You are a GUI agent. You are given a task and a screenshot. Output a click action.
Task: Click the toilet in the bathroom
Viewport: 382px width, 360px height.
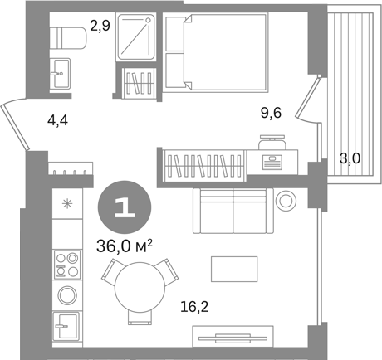pyautogui.click(x=67, y=38)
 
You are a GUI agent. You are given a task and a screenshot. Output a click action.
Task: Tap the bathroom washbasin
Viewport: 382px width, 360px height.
pyautogui.click(x=60, y=73)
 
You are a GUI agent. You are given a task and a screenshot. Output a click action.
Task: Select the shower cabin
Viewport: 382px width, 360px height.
pyautogui.click(x=135, y=36)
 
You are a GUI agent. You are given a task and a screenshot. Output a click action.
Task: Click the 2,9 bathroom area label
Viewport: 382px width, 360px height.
pyautogui.click(x=100, y=26)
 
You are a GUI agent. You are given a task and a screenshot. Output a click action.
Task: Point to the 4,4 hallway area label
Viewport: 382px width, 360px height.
pyautogui.click(x=57, y=120)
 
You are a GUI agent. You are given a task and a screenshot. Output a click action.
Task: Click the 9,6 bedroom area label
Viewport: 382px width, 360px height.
pyautogui.click(x=272, y=113)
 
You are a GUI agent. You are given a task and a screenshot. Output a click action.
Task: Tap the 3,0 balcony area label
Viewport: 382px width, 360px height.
pyautogui.click(x=350, y=158)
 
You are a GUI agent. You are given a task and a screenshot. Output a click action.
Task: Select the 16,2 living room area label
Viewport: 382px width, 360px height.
pyautogui.click(x=194, y=307)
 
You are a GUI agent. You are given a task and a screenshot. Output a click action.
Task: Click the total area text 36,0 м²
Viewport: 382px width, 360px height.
pyautogui.click(x=125, y=246)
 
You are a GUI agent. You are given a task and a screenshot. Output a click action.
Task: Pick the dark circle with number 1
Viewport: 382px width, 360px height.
pyautogui.click(x=125, y=207)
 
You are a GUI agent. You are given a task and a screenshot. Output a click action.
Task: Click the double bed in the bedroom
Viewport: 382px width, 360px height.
pyautogui.click(x=217, y=52)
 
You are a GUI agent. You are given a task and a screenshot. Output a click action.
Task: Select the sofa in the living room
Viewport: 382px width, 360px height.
pyautogui.click(x=233, y=211)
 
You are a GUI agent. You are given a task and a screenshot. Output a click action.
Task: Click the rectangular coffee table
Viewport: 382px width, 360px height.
pyautogui.click(x=234, y=269)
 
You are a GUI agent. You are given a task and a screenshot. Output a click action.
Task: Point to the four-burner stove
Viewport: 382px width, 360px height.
pyautogui.click(x=67, y=265)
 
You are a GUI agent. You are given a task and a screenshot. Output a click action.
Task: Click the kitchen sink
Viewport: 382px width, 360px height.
pyautogui.click(x=66, y=326)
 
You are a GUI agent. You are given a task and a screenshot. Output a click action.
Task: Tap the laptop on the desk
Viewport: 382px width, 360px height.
pyautogui.click(x=272, y=162)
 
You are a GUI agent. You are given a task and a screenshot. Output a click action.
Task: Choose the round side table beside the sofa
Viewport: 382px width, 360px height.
pyautogui.click(x=286, y=201)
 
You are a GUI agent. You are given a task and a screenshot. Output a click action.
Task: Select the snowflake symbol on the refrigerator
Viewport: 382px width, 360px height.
pyautogui.click(x=67, y=204)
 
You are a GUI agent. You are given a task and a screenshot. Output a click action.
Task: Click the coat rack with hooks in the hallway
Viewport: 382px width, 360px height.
pyautogui.click(x=70, y=168)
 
